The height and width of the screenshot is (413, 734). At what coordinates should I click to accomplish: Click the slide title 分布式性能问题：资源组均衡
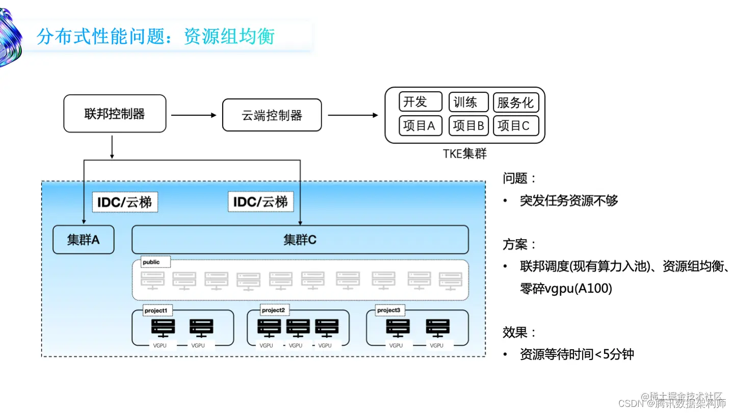(x=155, y=37)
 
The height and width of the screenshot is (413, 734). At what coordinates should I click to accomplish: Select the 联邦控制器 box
(x=115, y=113)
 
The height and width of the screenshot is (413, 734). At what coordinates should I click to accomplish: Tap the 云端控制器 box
(x=272, y=115)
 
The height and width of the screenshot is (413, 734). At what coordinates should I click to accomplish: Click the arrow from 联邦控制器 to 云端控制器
(x=194, y=115)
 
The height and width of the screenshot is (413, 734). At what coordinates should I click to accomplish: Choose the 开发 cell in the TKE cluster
(x=420, y=102)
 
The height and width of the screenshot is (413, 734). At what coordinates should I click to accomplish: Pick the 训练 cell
(x=468, y=102)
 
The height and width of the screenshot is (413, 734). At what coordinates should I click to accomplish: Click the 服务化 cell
(x=515, y=102)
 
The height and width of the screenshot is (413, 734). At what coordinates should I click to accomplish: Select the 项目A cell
(x=420, y=125)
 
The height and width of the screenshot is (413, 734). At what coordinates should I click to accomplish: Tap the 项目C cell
(x=515, y=125)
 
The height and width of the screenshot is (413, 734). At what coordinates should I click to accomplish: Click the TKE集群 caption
(x=464, y=153)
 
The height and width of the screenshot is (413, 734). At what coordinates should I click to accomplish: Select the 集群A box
(x=84, y=240)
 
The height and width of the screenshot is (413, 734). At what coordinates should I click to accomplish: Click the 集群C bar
(x=300, y=240)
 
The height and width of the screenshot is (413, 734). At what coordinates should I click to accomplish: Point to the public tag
(x=151, y=262)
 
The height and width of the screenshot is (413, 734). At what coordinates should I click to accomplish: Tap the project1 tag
(x=155, y=310)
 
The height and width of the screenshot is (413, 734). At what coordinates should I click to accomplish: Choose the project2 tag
(x=273, y=310)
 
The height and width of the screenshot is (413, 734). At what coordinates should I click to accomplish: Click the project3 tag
(x=388, y=310)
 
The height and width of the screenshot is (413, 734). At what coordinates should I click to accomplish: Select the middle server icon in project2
(x=298, y=327)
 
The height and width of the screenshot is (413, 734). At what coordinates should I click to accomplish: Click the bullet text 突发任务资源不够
(x=568, y=200)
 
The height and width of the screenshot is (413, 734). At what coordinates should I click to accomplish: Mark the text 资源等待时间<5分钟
(x=576, y=354)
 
